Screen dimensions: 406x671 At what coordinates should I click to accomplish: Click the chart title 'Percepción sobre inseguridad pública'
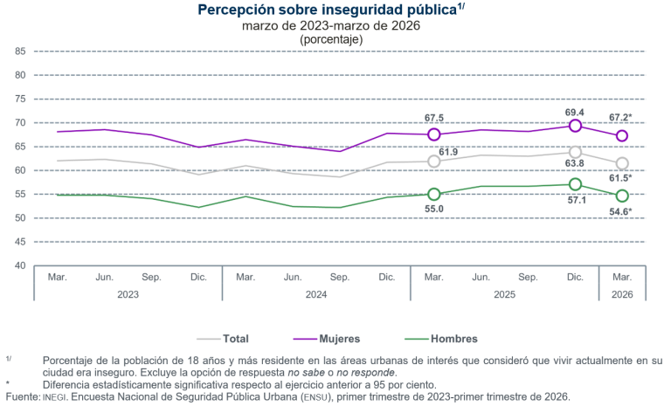coord(328,10)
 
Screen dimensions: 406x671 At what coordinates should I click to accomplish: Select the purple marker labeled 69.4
coord(575,126)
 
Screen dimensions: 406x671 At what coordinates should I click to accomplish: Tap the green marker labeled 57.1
coord(575,184)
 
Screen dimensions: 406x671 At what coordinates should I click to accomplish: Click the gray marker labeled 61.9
coord(433,162)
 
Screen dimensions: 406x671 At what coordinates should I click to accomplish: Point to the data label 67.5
coord(434,118)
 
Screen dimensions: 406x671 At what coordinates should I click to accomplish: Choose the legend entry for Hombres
coord(447,339)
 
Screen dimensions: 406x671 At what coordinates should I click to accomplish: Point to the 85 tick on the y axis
coord(19,52)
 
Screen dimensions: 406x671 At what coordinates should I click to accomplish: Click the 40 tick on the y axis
coord(19,265)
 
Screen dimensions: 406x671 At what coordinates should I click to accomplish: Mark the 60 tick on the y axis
coord(19,170)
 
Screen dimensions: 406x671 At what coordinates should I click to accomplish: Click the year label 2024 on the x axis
coord(316,294)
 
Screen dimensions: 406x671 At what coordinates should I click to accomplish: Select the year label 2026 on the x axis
coord(622,294)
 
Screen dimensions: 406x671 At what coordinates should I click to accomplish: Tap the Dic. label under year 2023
coord(198,277)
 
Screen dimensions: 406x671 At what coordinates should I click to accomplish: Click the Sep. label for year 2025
coord(528,277)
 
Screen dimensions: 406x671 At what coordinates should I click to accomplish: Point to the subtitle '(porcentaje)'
coord(331,40)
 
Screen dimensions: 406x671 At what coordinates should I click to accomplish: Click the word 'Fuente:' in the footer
coord(21,397)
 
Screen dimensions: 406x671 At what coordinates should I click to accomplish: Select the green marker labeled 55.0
coord(433,195)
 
